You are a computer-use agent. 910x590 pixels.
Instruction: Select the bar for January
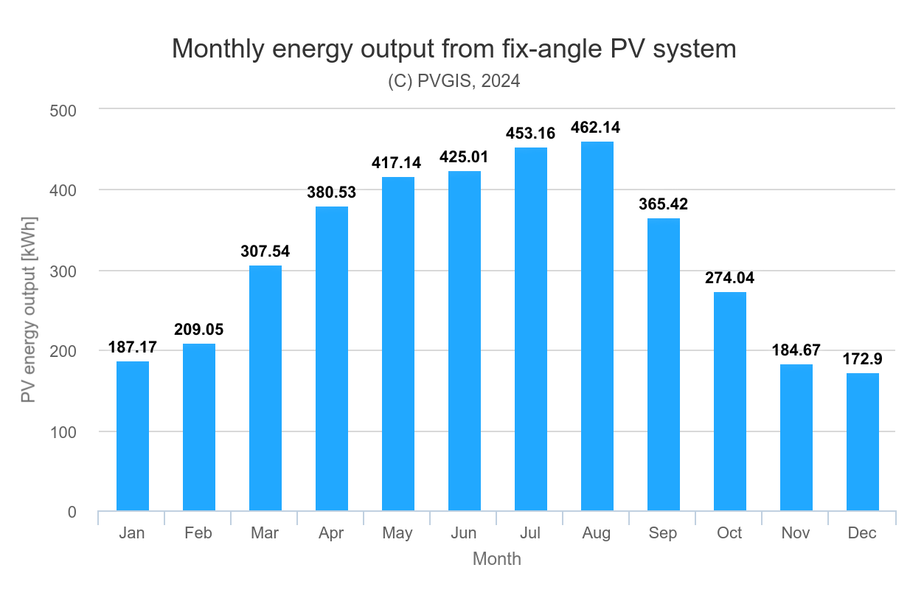click(133, 436)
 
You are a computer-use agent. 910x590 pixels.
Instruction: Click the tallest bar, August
click(597, 326)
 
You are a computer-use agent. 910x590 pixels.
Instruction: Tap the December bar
click(862, 442)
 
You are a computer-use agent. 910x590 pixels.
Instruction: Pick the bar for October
click(729, 401)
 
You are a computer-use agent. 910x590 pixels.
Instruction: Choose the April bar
click(331, 358)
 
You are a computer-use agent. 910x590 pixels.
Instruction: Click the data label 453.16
click(530, 133)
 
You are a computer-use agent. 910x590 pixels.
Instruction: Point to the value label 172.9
click(863, 359)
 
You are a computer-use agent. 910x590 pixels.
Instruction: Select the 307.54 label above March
click(265, 251)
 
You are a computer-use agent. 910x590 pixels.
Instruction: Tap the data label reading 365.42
click(663, 204)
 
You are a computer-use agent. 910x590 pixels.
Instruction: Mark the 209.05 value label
click(198, 330)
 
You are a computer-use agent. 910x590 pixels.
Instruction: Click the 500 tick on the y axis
click(63, 110)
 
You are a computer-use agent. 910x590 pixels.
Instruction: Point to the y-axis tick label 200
click(63, 351)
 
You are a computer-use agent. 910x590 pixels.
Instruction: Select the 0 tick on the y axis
click(72, 512)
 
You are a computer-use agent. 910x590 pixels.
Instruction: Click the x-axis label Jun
click(463, 533)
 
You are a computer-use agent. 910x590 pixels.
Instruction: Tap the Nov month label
click(795, 533)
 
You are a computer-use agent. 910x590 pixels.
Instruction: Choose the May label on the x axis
click(397, 533)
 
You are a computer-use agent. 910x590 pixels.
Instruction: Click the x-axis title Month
click(496, 559)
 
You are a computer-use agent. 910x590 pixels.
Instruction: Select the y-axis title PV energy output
click(28, 310)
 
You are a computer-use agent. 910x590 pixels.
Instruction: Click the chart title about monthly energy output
click(454, 49)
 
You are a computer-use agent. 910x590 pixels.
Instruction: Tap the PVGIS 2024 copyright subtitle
click(454, 81)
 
